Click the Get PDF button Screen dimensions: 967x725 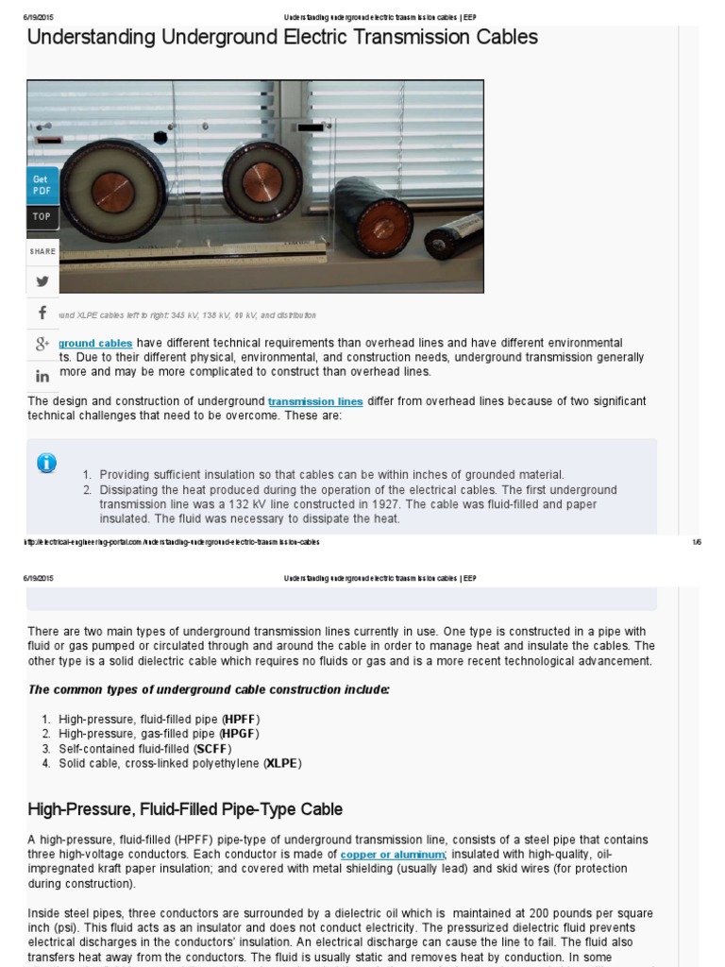(42, 184)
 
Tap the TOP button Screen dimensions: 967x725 (42, 216)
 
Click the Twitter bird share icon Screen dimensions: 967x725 (42, 280)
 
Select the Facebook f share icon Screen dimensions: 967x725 (42, 313)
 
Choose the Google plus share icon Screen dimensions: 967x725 (42, 345)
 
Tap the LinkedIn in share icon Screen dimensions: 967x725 (42, 376)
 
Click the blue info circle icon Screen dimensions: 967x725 (46, 463)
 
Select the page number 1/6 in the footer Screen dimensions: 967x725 (697, 542)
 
